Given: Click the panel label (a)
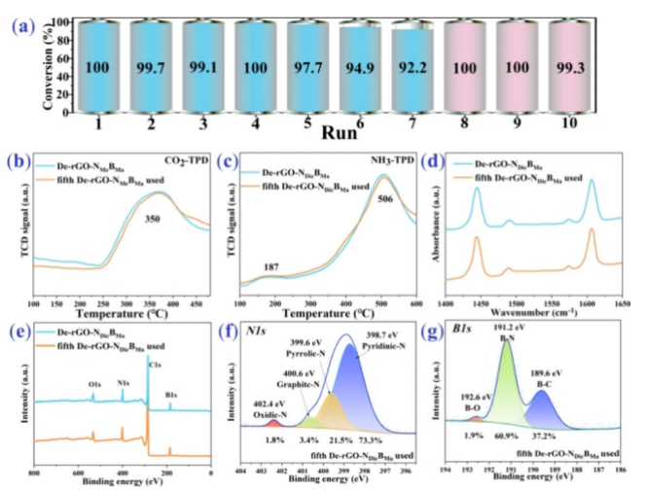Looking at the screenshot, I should [27, 26].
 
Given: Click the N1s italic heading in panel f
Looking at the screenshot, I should [258, 330].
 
